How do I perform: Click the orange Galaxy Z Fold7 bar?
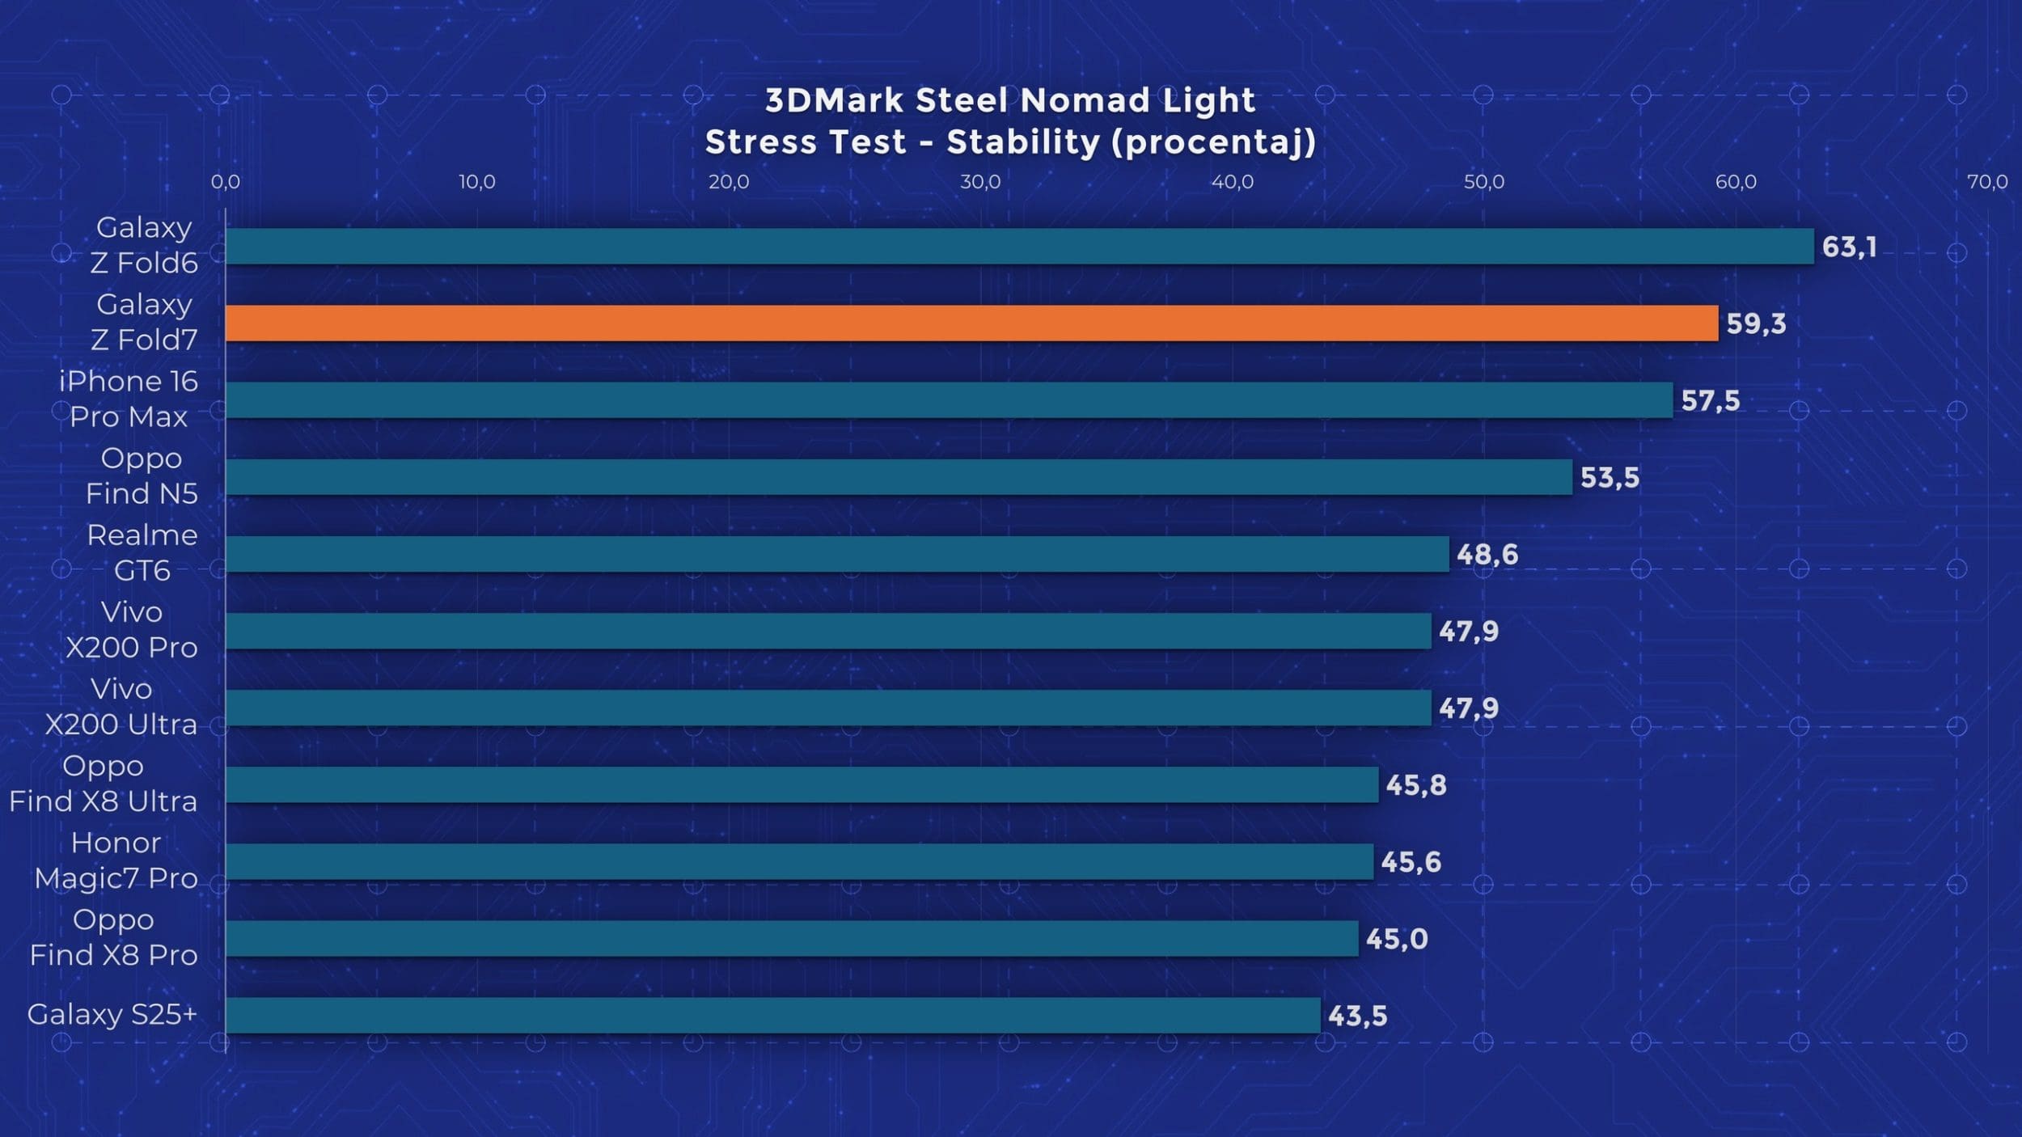click(x=971, y=323)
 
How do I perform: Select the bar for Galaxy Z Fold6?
click(x=1019, y=246)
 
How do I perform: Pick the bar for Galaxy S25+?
click(x=772, y=1015)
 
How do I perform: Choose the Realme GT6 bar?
click(x=837, y=554)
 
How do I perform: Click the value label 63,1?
click(x=1849, y=247)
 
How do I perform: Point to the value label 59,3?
click(x=1756, y=323)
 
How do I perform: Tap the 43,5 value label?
click(x=1357, y=1016)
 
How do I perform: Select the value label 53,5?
click(x=1610, y=478)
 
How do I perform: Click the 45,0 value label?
click(x=1397, y=939)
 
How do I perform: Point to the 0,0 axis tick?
click(x=226, y=182)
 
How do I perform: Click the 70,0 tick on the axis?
click(x=1987, y=182)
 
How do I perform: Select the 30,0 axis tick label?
click(x=980, y=182)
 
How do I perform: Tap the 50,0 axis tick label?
click(x=1484, y=182)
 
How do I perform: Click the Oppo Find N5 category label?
click(x=142, y=476)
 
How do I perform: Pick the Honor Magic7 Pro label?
click(x=116, y=860)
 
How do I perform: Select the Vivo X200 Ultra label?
click(x=121, y=706)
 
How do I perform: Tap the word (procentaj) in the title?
click(x=1213, y=142)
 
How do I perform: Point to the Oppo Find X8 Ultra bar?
click(x=802, y=784)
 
